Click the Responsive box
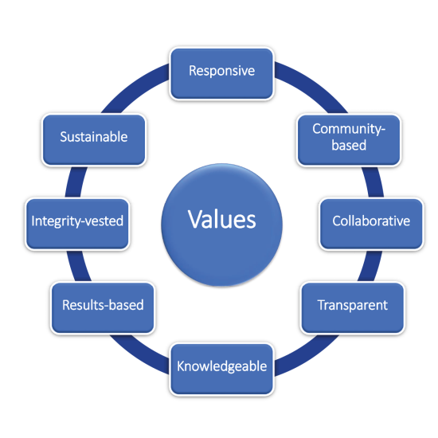pos(222,73)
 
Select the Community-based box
pos(349,139)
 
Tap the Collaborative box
pos(371,224)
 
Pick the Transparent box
pos(353,308)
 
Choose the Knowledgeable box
pos(222,370)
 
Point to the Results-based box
pos(103,308)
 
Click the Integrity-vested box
pos(77,224)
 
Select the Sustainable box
pos(94,139)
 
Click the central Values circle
pos(222,225)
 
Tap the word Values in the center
pos(222,220)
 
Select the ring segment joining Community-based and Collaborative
pos(373,182)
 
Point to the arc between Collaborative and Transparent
pos(370,266)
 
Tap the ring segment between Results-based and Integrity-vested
pos(78,266)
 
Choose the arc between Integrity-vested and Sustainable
pos(75,182)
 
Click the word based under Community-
pos(349,145)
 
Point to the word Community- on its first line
pos(349,129)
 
